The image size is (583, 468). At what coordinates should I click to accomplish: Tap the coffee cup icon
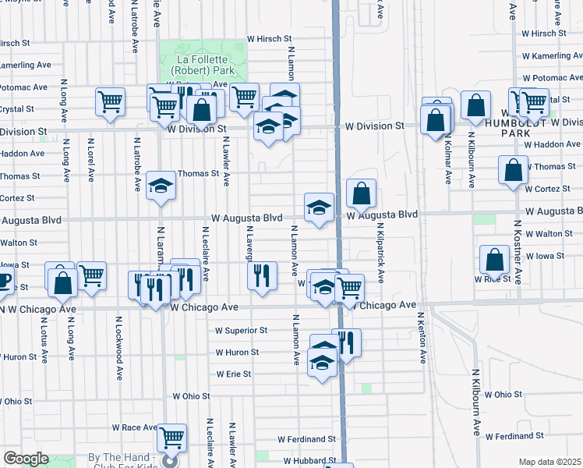pos(3,281)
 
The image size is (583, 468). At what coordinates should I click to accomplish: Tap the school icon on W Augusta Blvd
pos(318,207)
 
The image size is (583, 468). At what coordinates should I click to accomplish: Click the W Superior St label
pos(242,331)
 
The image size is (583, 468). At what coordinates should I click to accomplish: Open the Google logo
pos(26,459)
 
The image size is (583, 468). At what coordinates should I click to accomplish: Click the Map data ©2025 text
pos(549,462)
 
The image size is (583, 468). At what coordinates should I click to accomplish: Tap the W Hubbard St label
pos(309,461)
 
